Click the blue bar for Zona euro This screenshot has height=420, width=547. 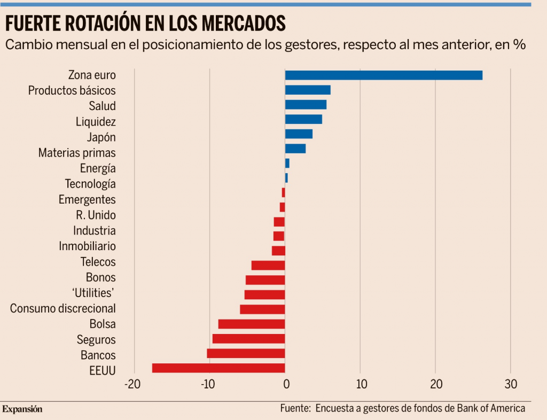click(x=384, y=75)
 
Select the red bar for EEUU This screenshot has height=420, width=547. click(x=218, y=368)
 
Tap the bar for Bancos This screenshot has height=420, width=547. click(x=246, y=353)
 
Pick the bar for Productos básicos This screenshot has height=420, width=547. click(x=308, y=90)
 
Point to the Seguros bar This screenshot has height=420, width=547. click(x=248, y=338)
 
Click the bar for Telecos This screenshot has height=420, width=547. click(x=268, y=265)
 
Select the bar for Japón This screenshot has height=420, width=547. click(x=299, y=134)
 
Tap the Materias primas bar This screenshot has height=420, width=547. click(x=295, y=149)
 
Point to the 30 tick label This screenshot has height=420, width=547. click(x=511, y=384)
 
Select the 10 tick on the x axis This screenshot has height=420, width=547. click(x=361, y=384)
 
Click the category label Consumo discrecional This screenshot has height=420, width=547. click(x=63, y=308)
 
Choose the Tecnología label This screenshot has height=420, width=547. click(x=90, y=184)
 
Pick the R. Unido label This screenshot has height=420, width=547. click(x=96, y=215)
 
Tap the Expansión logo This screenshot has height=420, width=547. click(x=22, y=409)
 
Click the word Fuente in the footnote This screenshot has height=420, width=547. click(x=295, y=408)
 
